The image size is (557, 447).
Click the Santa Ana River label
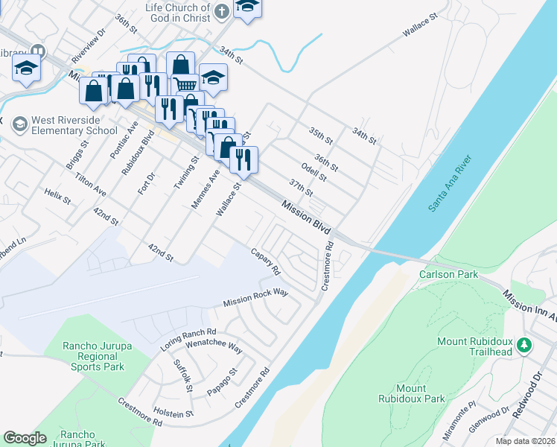coord(450,183)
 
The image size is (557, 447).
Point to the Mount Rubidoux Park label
coord(421,393)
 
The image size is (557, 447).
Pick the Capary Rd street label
coord(265,260)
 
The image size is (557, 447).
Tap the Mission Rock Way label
coord(255,298)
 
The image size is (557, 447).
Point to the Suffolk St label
coord(182,376)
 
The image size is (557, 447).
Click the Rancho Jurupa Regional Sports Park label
coord(93,356)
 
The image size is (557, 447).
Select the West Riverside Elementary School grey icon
coord(19,122)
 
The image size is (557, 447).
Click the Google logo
coord(25,437)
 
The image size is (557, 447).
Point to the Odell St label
coord(314,172)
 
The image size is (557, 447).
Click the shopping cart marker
coord(184,85)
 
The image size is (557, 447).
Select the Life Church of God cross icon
coord(221,11)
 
